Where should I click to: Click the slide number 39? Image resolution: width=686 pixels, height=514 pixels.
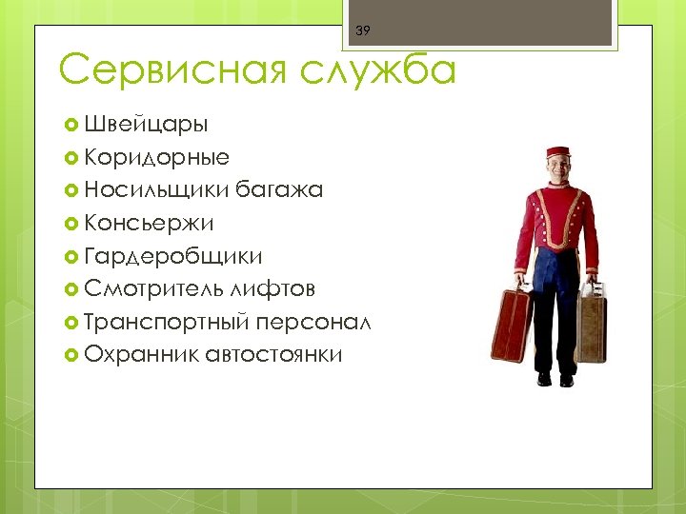(x=362, y=31)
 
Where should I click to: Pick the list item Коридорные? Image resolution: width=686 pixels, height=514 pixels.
(x=156, y=157)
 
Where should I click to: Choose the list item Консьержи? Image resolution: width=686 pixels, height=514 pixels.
(x=149, y=223)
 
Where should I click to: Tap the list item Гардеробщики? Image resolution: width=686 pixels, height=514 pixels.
(x=172, y=256)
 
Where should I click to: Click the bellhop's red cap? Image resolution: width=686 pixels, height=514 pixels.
(x=557, y=152)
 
